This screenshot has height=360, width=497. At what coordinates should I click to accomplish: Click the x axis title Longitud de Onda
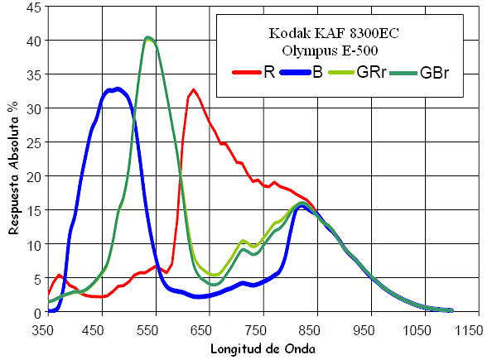click(261, 348)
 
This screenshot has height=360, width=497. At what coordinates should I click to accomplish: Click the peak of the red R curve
click(194, 89)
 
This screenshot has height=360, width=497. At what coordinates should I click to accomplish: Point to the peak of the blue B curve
click(118, 89)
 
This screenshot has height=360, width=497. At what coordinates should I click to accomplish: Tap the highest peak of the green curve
click(148, 37)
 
